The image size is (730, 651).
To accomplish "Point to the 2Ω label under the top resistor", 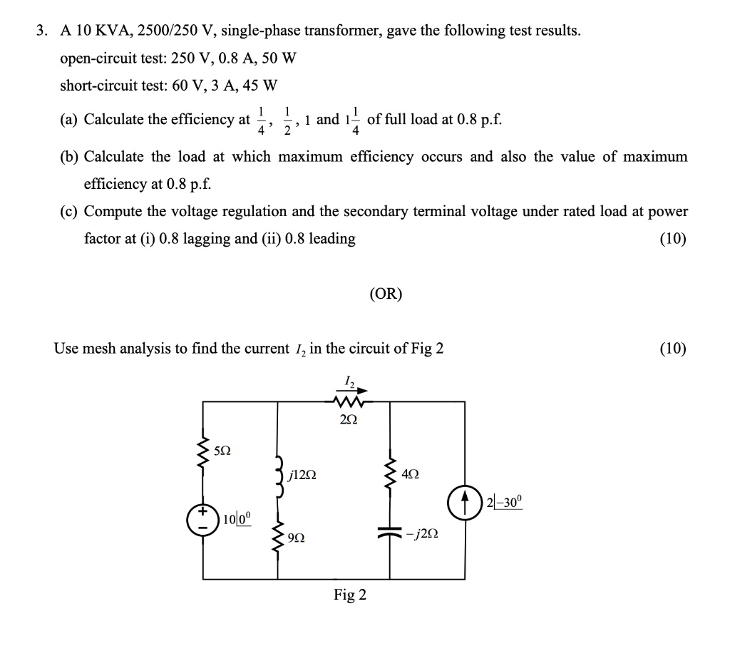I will [x=349, y=420].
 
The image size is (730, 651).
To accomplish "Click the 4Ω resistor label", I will [x=411, y=473].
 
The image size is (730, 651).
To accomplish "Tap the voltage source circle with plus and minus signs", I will [x=203, y=520].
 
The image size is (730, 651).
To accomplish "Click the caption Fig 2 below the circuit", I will [x=350, y=595].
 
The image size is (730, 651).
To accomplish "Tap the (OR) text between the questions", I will [x=386, y=294].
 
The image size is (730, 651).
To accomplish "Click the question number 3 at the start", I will [x=42, y=31].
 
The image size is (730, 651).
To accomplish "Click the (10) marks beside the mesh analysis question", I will [x=673, y=349].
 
